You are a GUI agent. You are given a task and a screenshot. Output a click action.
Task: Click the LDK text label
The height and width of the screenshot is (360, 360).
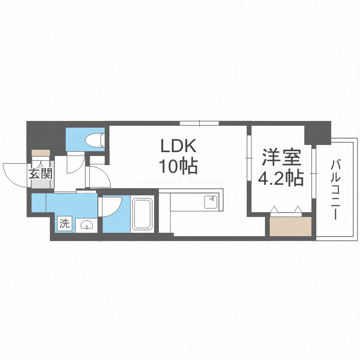click(x=179, y=145)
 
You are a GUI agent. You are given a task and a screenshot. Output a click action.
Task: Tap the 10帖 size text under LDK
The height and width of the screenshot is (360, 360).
click(x=179, y=166)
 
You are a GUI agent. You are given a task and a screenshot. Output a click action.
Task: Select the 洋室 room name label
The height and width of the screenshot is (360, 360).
click(x=281, y=158)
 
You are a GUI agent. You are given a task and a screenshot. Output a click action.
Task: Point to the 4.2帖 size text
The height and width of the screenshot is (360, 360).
click(x=281, y=179)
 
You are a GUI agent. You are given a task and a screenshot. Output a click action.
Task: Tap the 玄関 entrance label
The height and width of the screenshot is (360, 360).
click(x=40, y=174)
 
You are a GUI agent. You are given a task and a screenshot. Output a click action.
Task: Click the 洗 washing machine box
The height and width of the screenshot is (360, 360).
click(x=64, y=223)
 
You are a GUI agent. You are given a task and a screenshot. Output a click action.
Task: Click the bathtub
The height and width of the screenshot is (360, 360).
click(x=142, y=215)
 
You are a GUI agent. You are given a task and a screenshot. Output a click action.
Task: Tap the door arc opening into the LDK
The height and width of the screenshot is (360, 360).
click(x=100, y=177)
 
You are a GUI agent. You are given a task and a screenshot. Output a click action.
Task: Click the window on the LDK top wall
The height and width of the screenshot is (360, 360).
click(x=200, y=123)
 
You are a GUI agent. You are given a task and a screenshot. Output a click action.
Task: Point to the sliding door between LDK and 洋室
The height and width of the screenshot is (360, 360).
click(x=249, y=158)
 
